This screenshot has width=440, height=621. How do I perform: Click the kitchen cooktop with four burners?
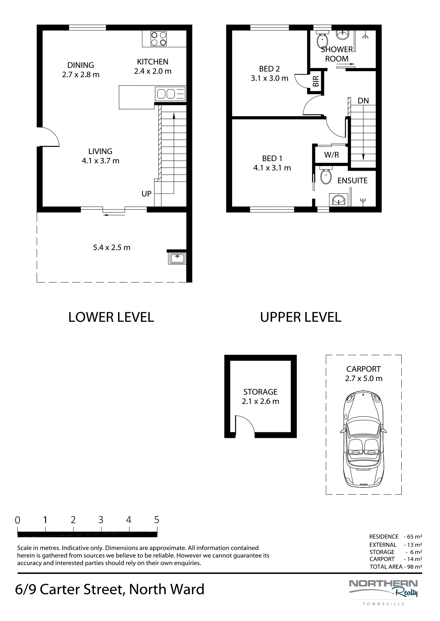(x=158, y=39)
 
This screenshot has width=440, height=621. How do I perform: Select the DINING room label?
(x=81, y=65)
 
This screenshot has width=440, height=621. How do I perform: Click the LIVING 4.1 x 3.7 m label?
(x=101, y=156)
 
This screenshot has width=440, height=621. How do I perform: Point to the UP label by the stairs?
(x=146, y=194)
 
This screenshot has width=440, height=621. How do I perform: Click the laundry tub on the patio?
(x=177, y=257)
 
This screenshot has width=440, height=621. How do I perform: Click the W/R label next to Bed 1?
(x=332, y=155)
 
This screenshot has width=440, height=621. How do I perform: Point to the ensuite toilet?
(x=325, y=176)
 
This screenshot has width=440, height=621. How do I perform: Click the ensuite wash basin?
(x=339, y=200)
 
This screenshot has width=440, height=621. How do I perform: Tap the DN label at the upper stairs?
(x=363, y=101)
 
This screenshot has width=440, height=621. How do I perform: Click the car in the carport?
(x=363, y=439)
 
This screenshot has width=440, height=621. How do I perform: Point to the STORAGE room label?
(x=261, y=392)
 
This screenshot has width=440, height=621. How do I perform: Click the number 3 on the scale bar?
(x=101, y=520)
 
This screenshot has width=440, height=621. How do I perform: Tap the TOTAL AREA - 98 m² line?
(x=396, y=567)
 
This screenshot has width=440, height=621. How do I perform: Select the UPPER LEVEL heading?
(x=301, y=317)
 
